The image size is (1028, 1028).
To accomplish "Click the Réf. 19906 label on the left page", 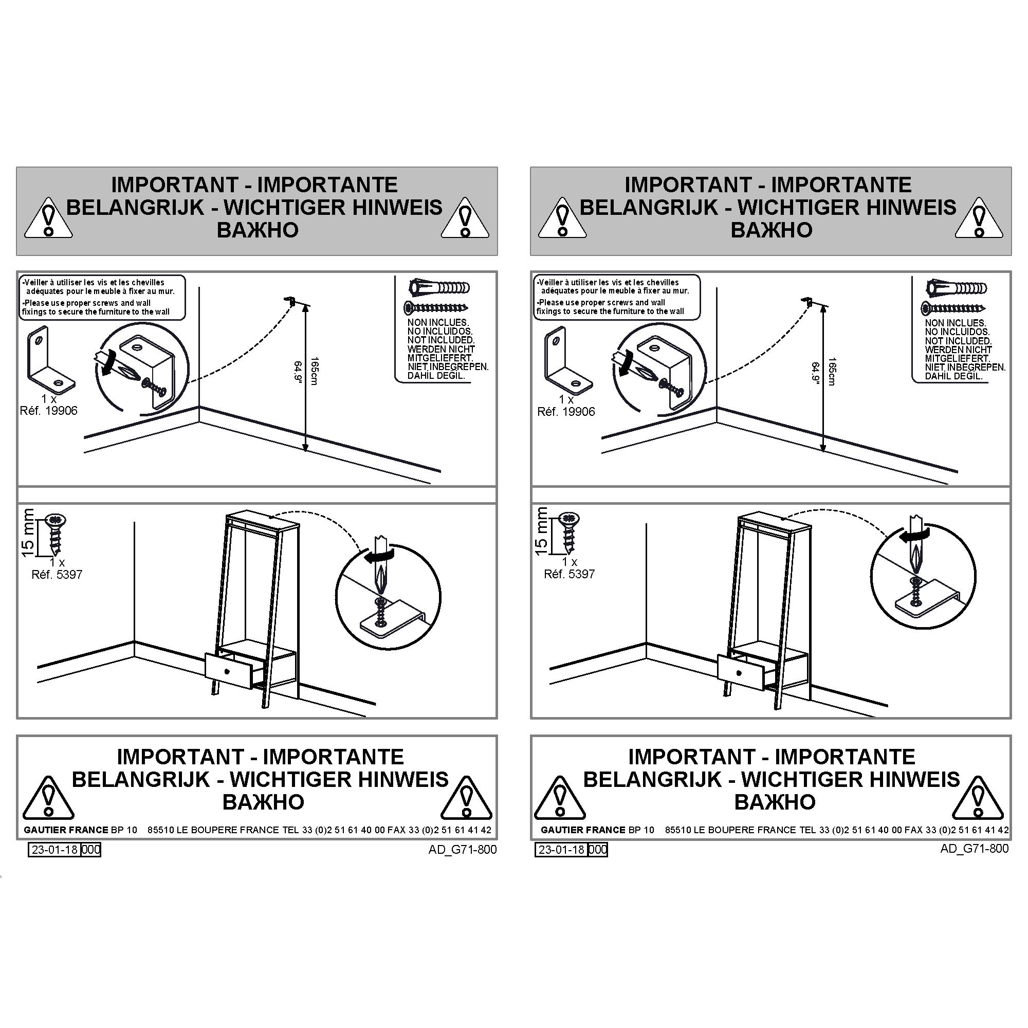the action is coord(49,411).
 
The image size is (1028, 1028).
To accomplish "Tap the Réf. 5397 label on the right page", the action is coord(570,574).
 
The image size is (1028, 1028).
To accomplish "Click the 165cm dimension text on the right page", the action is coord(832,372).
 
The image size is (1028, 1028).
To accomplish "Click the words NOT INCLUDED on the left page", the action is coord(441,340).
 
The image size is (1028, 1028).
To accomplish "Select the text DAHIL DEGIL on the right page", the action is coord(953,376).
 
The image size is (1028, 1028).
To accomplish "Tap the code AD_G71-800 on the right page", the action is coord(974,849).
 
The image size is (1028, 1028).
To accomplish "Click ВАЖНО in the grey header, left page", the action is coord(258,230).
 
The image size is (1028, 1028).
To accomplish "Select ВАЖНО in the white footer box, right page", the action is coord(775,802).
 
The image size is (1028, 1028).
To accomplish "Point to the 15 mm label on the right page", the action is coord(541,531).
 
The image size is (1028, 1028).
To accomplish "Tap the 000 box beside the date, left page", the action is coord(90,850).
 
